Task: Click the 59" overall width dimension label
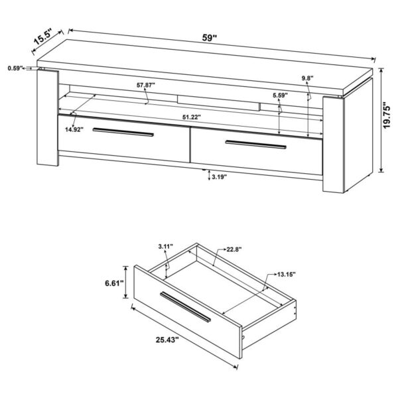[210, 38]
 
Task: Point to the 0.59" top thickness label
[16, 68]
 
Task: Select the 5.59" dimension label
[280, 95]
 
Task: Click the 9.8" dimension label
[306, 78]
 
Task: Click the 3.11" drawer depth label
[166, 247]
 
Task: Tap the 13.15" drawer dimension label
[287, 274]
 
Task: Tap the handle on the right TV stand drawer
[255, 144]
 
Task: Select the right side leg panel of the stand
[336, 146]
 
